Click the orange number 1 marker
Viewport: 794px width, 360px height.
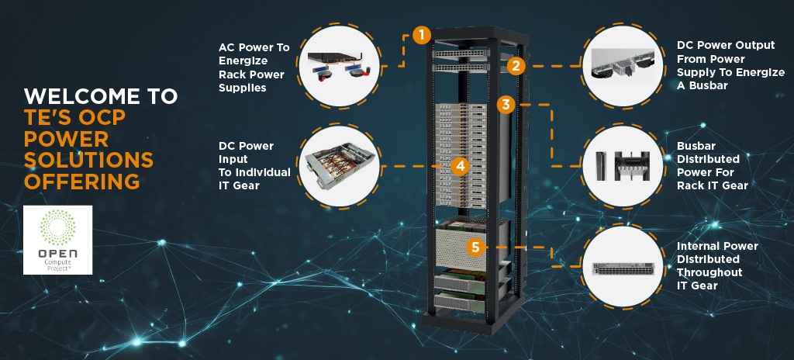click(421, 35)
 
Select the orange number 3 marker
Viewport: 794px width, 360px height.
click(505, 104)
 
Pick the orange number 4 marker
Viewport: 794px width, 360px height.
click(461, 165)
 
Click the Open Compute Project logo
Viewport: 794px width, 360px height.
click(58, 240)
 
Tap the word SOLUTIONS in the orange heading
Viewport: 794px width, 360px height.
click(88, 160)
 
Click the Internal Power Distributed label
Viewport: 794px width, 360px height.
click(717, 265)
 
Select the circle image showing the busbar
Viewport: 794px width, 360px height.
click(623, 165)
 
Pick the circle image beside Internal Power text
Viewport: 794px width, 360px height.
click(623, 266)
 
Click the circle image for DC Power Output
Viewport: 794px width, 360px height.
click(623, 64)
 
